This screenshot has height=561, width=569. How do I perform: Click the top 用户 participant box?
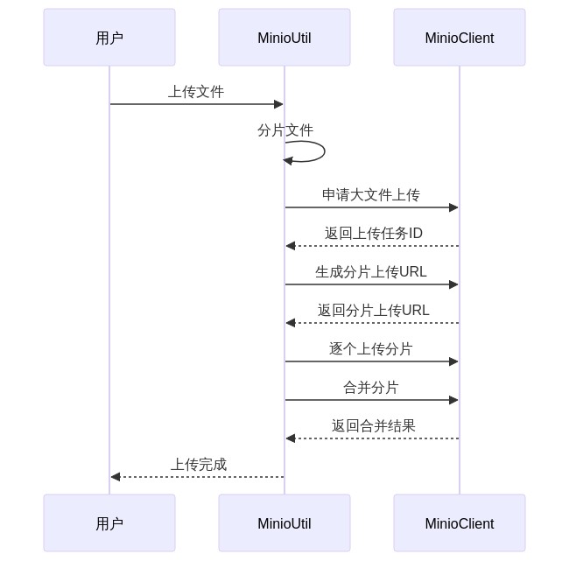tap(109, 38)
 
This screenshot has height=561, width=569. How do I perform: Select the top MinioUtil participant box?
tap(284, 38)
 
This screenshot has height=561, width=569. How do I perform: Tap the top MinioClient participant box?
tap(460, 38)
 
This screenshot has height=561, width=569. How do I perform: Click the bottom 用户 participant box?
tap(109, 523)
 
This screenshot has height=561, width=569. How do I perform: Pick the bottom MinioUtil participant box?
tap(284, 523)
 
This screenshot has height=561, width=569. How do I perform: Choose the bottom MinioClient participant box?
tap(460, 523)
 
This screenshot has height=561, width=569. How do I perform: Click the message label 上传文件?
tap(196, 92)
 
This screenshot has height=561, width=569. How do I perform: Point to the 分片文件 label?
tap(284, 130)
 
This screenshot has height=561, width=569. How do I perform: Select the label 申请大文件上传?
tap(371, 195)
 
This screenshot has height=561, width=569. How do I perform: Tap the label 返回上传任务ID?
tap(373, 234)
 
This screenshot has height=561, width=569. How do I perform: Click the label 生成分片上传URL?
tap(371, 272)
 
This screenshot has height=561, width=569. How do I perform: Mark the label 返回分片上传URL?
tap(373, 311)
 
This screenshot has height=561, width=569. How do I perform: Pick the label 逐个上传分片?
tap(371, 349)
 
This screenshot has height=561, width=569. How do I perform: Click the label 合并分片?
tap(371, 388)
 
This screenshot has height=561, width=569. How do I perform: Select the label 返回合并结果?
tap(373, 426)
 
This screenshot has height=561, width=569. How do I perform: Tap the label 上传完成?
tap(198, 465)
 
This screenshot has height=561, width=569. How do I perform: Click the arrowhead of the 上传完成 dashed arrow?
tap(116, 477)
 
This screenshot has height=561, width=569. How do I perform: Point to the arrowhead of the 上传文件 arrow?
tap(278, 104)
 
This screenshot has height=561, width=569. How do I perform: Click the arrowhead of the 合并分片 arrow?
tap(453, 400)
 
